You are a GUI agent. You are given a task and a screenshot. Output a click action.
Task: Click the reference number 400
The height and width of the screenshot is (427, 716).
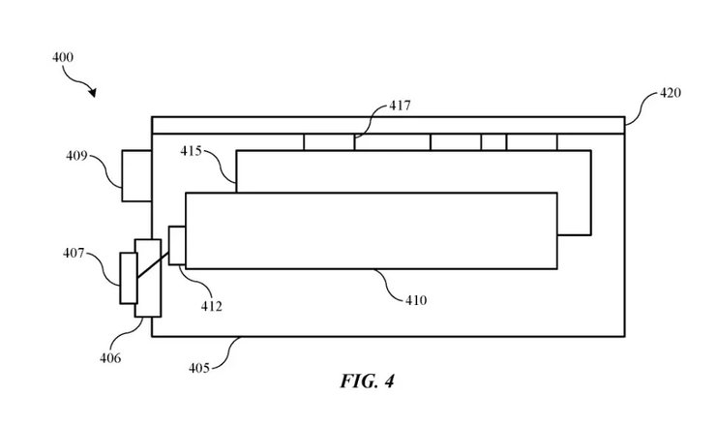click(x=63, y=58)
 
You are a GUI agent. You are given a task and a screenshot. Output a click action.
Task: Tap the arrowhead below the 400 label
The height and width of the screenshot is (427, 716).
click(x=93, y=93)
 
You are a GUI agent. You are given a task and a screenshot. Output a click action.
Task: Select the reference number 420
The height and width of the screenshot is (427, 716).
click(x=670, y=94)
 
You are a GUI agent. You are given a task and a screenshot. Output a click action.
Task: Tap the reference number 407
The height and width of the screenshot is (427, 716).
click(x=75, y=254)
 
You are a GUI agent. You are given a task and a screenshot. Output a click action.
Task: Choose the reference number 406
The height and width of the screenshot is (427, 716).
click(x=109, y=358)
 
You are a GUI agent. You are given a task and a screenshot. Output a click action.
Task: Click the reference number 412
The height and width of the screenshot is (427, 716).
click(x=212, y=307)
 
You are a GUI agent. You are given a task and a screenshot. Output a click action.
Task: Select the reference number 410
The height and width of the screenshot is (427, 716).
click(x=416, y=300)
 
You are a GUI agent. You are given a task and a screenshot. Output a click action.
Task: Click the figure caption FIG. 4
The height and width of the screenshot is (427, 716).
click(x=367, y=381)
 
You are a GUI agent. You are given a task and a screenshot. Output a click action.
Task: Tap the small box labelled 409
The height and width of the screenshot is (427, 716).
click(x=136, y=175)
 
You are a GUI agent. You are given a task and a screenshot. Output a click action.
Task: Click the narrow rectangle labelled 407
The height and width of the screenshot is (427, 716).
click(x=128, y=278)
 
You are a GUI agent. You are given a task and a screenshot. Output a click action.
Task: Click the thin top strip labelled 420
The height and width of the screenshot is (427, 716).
click(x=387, y=125)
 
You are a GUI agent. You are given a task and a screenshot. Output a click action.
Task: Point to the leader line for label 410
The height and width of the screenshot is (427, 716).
click(x=388, y=285)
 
